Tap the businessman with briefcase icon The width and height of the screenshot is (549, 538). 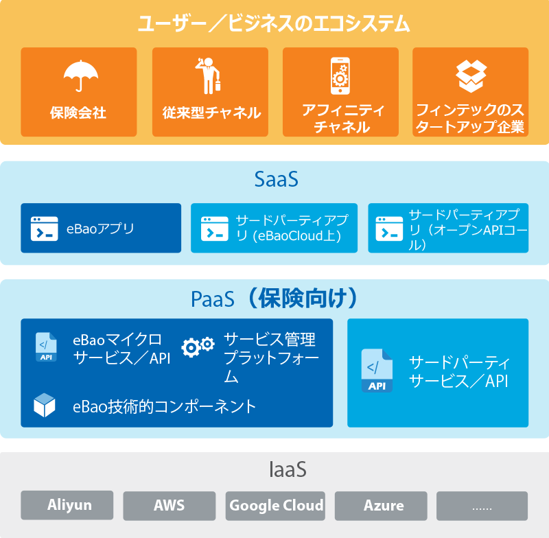click(x=208, y=75)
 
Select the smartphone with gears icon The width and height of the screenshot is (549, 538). click(x=340, y=76)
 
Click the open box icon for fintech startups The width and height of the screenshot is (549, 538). click(x=471, y=76)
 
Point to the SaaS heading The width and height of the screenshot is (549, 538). click(x=277, y=179)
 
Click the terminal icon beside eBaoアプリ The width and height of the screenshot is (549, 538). click(x=45, y=229)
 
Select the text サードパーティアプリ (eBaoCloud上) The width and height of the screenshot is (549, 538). click(x=292, y=228)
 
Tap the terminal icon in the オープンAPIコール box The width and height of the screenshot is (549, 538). click(x=389, y=229)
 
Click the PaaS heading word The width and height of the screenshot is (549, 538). click(x=213, y=299)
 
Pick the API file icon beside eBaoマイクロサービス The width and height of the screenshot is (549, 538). click(x=46, y=347)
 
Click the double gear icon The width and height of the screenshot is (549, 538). click(x=198, y=347)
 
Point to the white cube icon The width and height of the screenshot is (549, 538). click(x=45, y=405)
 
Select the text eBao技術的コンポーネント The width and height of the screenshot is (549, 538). click(x=164, y=406)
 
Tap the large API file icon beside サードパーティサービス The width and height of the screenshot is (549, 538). click(x=377, y=371)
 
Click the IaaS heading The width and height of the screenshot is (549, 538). click(x=288, y=469)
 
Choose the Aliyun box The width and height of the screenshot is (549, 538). click(x=67, y=505)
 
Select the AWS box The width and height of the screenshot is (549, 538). click(x=169, y=506)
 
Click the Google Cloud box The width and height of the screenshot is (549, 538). click(x=275, y=506)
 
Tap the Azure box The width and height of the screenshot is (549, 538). click(x=381, y=506)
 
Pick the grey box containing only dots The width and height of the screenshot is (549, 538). click(x=482, y=506)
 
